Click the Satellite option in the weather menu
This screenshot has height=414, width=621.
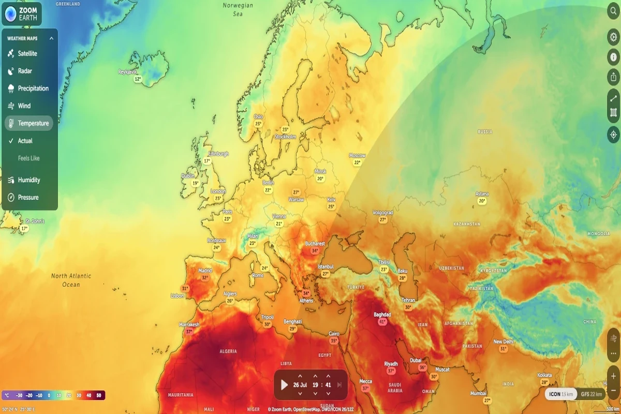click(27, 54)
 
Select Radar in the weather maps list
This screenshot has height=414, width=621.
click(24, 71)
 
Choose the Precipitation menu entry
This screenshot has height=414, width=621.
click(33, 88)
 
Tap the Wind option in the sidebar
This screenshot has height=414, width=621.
click(24, 106)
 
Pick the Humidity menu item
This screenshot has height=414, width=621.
click(28, 180)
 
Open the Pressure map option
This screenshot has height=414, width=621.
click(28, 198)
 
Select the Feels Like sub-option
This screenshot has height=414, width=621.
click(28, 158)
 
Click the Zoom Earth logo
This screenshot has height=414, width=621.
click(22, 14)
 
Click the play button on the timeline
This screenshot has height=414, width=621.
click(284, 385)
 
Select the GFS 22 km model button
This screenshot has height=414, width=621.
click(592, 394)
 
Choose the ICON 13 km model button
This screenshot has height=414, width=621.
click(561, 394)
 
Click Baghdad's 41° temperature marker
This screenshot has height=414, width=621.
click(382, 321)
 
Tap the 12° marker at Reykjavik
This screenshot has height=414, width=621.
click(138, 79)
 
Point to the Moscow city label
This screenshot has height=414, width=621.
click(357, 155)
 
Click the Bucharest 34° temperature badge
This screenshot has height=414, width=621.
click(315, 250)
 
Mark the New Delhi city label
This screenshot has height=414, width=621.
click(503, 342)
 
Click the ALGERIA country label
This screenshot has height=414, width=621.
click(228, 351)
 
